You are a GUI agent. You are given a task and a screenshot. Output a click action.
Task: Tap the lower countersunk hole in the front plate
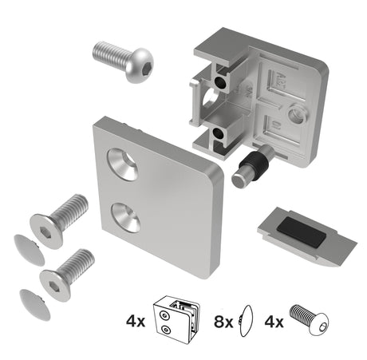[126, 216]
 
